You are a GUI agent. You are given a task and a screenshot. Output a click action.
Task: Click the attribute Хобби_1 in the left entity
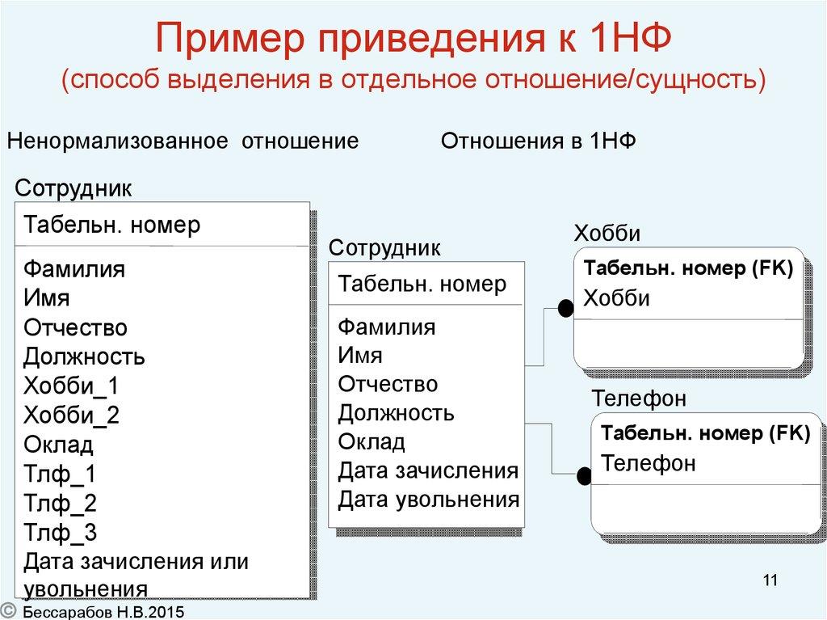[x=71, y=386]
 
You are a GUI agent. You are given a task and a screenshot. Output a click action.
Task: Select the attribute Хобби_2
[x=71, y=415]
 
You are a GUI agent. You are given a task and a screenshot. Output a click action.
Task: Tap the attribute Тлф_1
[x=60, y=474]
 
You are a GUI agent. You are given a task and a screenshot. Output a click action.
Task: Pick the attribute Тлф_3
[x=60, y=533]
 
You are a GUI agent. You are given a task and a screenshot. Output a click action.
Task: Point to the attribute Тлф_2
[x=60, y=504]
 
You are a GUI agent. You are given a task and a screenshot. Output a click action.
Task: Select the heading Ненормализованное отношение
[x=183, y=142]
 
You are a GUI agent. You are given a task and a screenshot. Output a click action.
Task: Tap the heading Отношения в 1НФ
[x=539, y=142]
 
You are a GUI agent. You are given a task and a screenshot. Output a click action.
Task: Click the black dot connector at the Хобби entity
[x=565, y=307]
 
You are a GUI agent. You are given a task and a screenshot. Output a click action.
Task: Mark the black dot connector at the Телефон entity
[x=584, y=476]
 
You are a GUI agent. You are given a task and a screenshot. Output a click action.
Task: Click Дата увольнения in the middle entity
[x=428, y=500]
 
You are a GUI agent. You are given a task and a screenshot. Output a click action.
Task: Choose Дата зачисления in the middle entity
[x=428, y=470]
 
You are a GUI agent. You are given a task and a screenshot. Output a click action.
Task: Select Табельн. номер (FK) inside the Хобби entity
[x=688, y=269]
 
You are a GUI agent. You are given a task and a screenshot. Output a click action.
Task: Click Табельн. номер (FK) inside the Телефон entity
[x=705, y=433]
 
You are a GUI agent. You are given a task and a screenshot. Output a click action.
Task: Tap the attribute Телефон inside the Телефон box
[x=649, y=464]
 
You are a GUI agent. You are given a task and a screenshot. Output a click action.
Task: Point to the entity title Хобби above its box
[x=607, y=234]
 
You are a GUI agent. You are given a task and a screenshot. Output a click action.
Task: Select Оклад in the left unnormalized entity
[x=58, y=445]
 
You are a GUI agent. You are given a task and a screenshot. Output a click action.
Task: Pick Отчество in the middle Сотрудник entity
[x=388, y=384]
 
